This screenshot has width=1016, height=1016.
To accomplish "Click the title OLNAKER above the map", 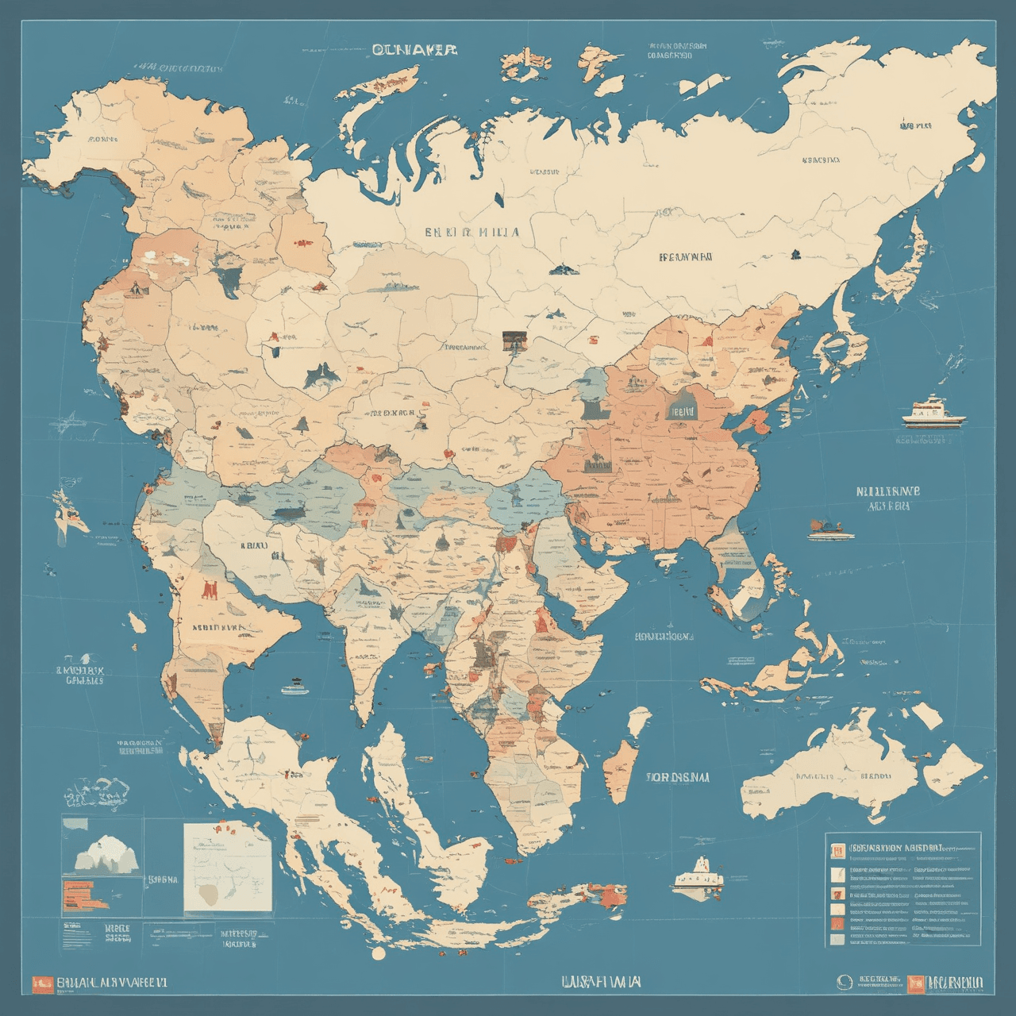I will coord(414,50).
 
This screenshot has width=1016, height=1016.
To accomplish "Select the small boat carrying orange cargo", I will coord(830,530).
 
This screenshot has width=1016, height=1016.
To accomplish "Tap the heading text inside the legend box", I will coord(897,847).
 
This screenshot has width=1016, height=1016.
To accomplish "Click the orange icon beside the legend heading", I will coord(837,851).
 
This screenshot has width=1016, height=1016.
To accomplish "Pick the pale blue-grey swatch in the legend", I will coord(837,939).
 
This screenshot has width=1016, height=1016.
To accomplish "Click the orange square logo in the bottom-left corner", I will coord(42,983).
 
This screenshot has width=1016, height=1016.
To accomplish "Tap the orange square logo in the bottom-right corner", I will coord(916,983).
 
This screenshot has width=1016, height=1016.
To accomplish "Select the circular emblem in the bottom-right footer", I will coord(844,983).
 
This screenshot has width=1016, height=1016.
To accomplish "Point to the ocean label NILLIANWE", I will coord(887,491).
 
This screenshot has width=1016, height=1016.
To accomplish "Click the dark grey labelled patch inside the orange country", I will coord(682,410).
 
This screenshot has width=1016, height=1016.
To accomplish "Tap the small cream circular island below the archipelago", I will coord(379,952).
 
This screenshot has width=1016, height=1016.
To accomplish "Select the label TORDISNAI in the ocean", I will coord(679,777).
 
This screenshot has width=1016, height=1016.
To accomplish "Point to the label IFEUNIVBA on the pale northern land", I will coord(684,257).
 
